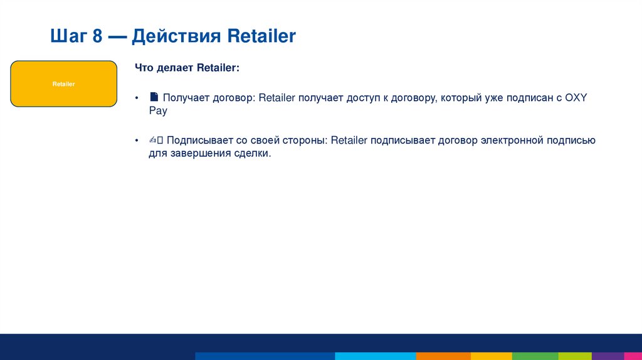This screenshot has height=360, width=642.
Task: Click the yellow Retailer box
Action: click(64, 83)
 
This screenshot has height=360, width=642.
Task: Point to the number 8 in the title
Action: click(97, 36)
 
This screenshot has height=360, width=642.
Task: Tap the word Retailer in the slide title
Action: click(261, 36)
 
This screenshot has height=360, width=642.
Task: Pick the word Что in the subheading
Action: click(144, 67)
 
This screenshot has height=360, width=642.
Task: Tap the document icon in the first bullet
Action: click(154, 97)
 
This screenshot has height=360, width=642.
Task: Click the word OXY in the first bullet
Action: click(576, 98)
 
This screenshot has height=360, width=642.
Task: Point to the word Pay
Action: click(158, 110)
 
